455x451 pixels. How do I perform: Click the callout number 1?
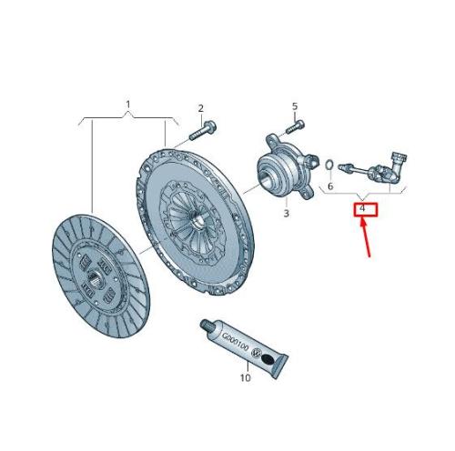(128, 105)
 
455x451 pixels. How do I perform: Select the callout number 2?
(201, 108)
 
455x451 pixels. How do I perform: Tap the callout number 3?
(287, 214)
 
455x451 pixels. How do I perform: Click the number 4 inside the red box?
(362, 208)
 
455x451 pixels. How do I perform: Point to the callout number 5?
(295, 106)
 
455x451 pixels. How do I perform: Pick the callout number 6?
(330, 185)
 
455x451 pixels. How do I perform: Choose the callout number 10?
(246, 378)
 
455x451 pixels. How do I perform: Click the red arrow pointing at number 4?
(366, 238)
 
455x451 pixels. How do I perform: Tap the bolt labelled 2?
(202, 131)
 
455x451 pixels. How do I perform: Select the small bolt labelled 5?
(295, 126)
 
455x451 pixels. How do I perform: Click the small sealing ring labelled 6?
(329, 165)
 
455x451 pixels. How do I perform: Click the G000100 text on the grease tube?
(235, 342)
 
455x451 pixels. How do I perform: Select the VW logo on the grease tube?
(257, 353)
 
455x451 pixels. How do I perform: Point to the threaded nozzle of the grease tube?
(207, 326)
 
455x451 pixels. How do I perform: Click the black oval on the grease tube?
(268, 359)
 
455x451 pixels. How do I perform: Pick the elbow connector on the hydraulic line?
(398, 164)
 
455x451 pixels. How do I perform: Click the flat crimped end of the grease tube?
(280, 367)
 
